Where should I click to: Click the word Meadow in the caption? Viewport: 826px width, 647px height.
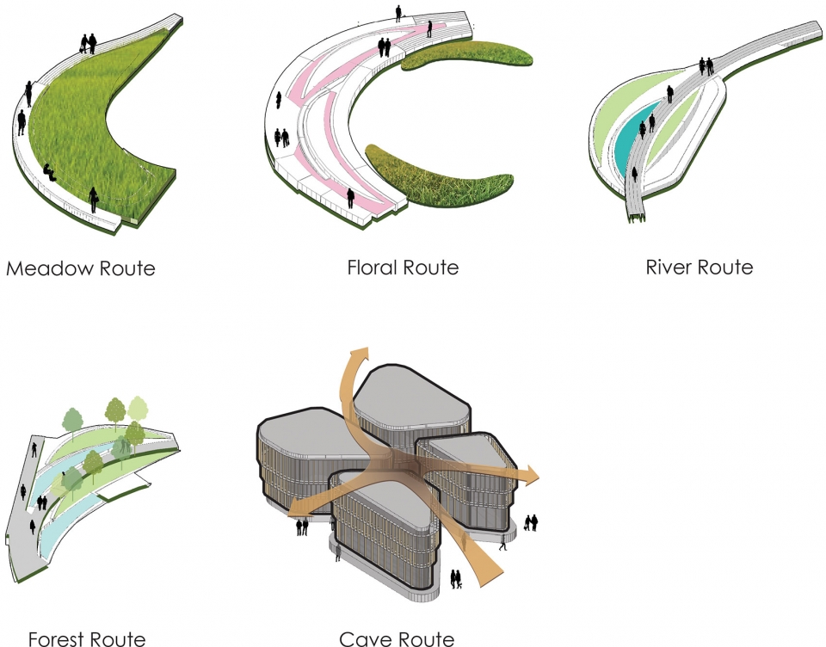(x=50, y=268)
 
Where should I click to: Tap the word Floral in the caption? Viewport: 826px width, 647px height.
(x=373, y=267)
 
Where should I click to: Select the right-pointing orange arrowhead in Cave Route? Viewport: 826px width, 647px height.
(x=530, y=477)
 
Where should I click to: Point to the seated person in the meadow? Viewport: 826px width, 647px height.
(x=49, y=172)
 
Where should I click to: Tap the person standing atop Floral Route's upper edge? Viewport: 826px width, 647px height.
(x=398, y=13)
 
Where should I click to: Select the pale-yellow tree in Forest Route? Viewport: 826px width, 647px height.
(x=138, y=408)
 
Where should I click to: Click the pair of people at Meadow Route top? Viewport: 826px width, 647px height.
(x=89, y=43)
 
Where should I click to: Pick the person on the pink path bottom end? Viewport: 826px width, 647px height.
(x=350, y=198)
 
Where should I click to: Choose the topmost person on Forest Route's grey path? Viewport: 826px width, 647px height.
(x=34, y=449)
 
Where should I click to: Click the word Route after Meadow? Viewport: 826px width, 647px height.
(x=127, y=268)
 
